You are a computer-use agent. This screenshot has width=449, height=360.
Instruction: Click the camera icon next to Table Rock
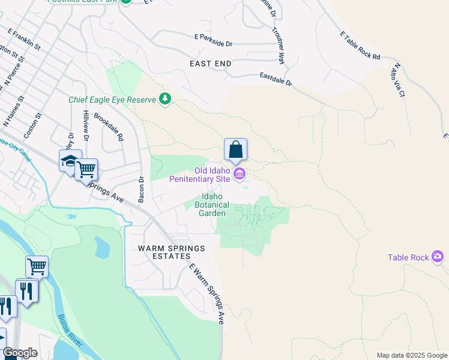pos(438,257)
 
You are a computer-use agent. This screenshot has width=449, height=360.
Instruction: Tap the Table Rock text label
pos(408,257)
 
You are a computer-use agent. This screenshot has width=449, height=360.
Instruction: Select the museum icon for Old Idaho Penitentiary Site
pos(240,175)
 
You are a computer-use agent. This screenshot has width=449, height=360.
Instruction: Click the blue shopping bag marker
pos(235,149)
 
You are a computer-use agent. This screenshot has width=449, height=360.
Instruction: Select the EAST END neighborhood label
pos(210,63)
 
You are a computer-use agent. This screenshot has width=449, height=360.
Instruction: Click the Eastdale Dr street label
pos(276,79)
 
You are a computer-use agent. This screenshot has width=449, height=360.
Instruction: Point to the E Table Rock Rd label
pos(360,46)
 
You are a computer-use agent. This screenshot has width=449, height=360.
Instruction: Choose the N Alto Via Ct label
pos(398,81)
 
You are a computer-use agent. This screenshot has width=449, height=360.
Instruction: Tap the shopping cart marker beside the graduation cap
pos(86,170)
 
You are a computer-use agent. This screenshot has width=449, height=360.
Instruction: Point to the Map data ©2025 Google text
pos(411,355)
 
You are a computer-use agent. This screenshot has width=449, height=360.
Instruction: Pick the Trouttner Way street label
pos(277,46)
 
